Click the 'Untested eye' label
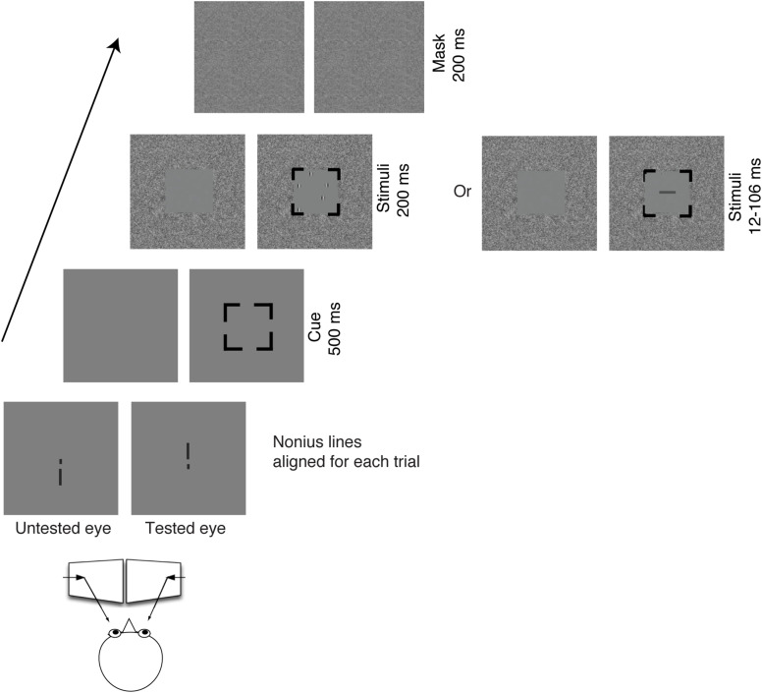point(62,529)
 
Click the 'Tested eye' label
point(186,529)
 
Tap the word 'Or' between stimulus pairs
point(463,192)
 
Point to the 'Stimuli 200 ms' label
point(390,191)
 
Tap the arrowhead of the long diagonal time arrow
point(117,45)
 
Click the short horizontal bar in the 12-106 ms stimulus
point(668,193)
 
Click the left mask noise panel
point(251,58)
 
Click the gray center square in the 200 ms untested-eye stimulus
point(188,192)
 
